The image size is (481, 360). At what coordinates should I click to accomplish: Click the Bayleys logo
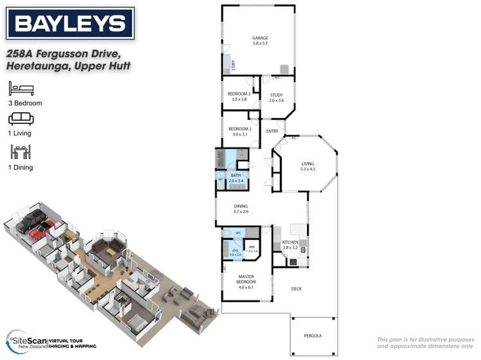tap(71, 24)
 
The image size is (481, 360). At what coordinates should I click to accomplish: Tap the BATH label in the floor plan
tap(236, 178)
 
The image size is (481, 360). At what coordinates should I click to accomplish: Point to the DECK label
tap(296, 289)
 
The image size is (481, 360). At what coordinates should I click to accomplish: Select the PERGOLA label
tap(313, 336)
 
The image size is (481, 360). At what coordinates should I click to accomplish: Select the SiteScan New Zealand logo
tap(51, 340)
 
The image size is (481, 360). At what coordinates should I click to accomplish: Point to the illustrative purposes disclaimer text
tap(425, 343)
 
